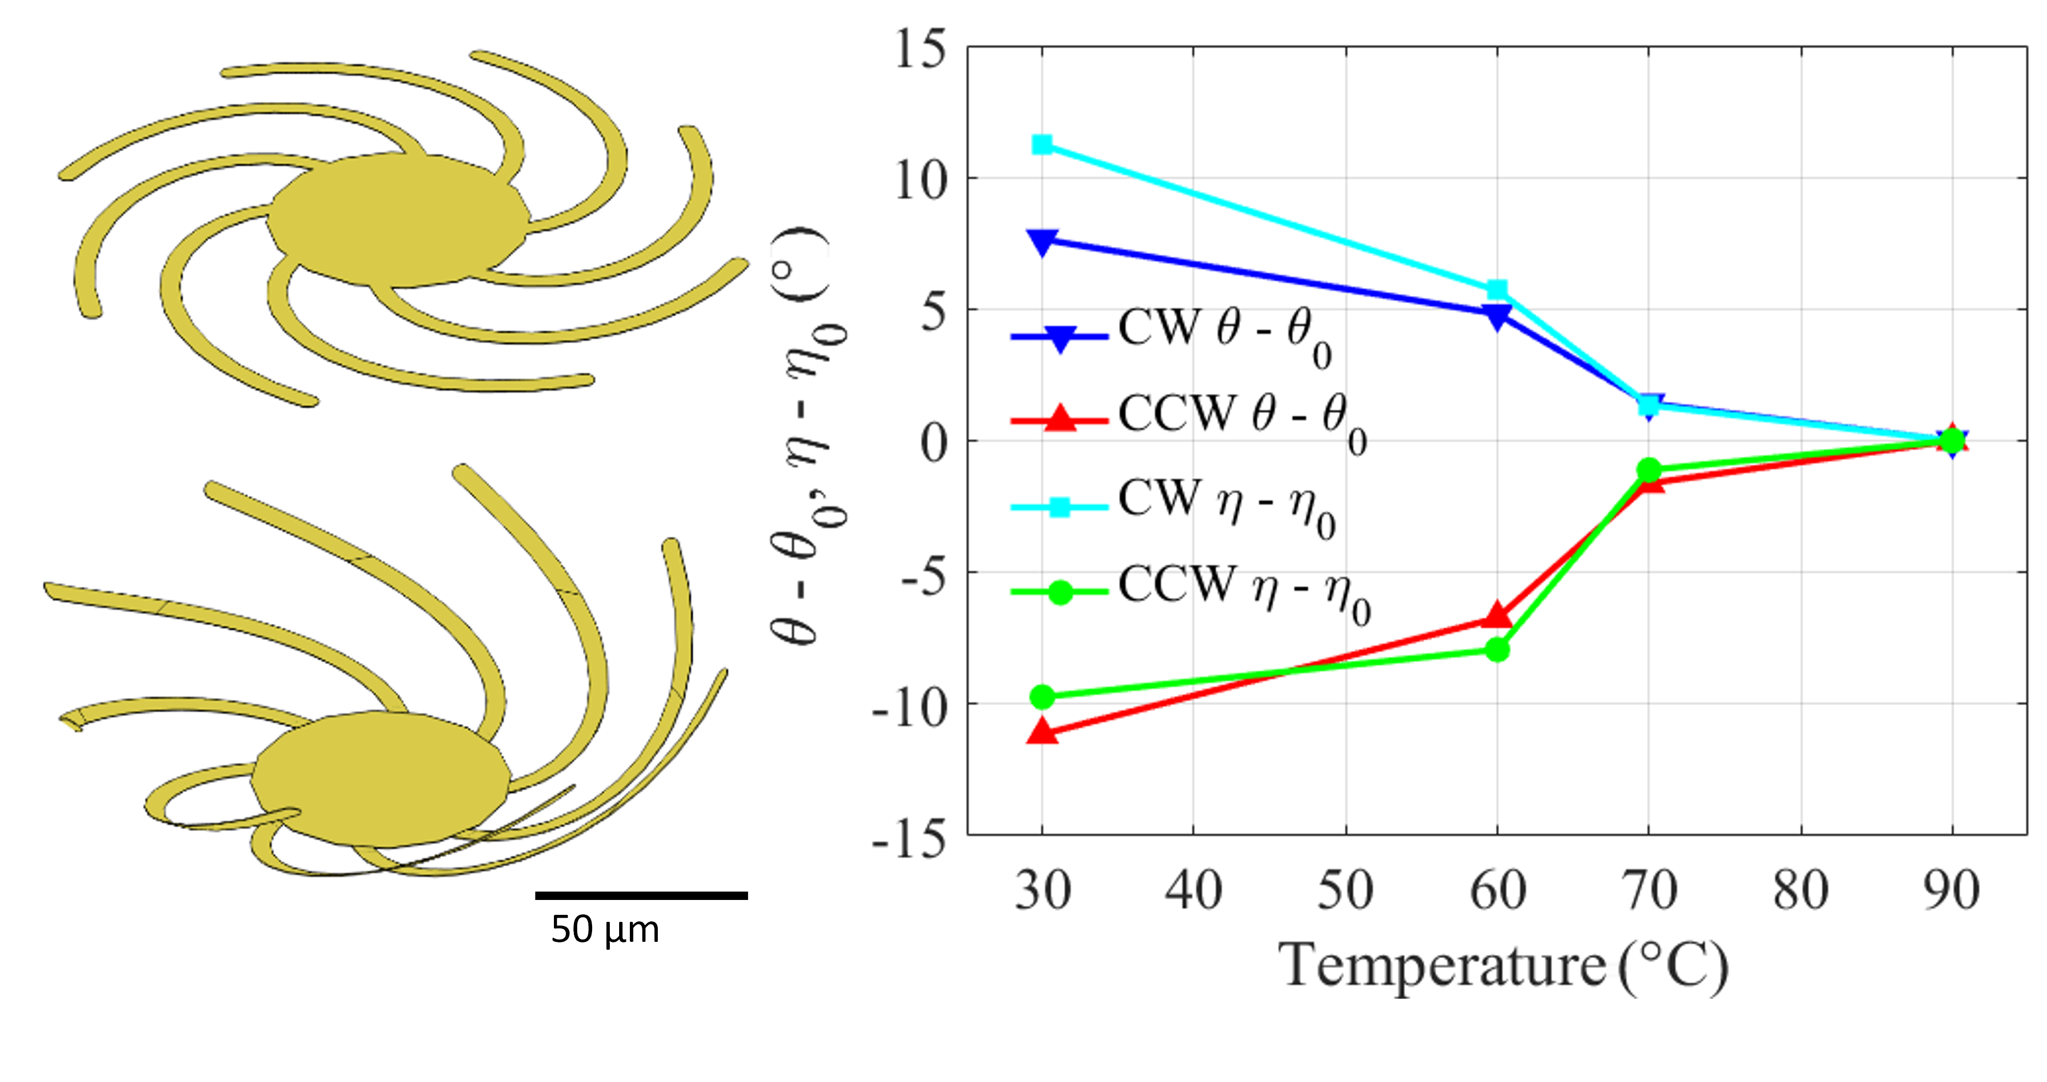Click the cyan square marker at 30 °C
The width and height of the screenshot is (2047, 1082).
(x=1042, y=145)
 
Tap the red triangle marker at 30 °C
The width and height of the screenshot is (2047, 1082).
(x=1042, y=731)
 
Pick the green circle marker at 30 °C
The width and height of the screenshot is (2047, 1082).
(x=1042, y=697)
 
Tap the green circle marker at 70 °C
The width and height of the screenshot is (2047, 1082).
(x=1649, y=469)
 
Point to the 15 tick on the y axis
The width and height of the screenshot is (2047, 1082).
(x=922, y=49)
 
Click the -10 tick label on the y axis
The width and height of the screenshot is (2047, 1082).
(x=910, y=705)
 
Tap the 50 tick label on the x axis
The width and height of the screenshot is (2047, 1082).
(x=1345, y=891)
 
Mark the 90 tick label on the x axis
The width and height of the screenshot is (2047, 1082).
(x=1951, y=891)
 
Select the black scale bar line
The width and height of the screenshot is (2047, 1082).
(x=641, y=895)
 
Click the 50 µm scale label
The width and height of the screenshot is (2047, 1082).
(x=605, y=929)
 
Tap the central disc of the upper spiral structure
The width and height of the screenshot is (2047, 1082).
(x=397, y=218)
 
